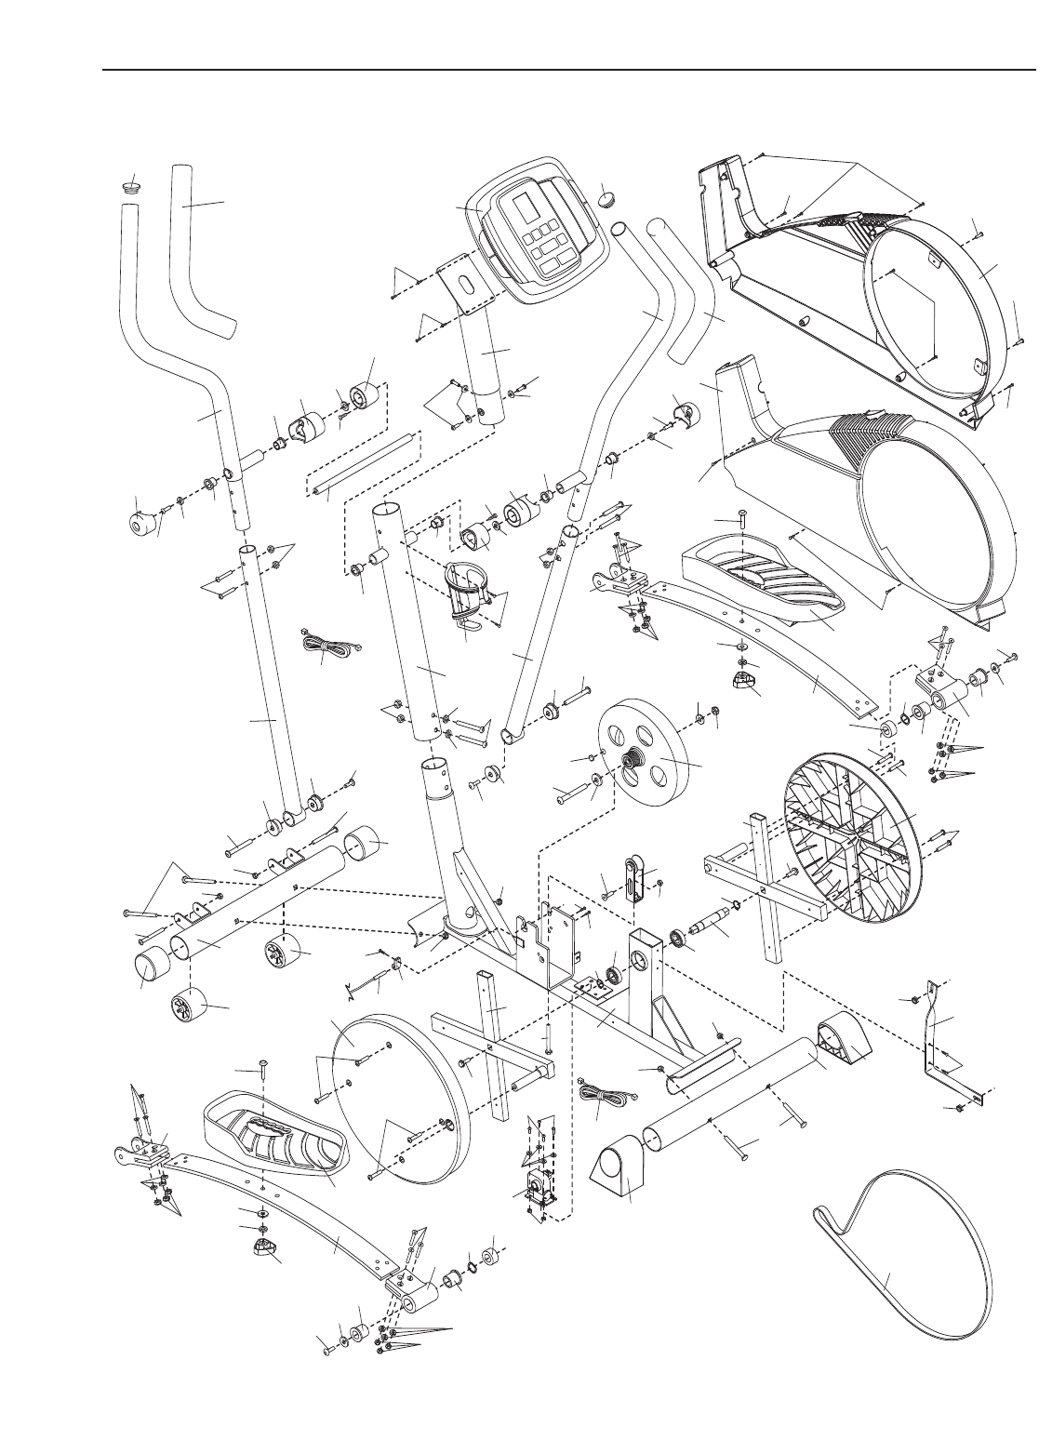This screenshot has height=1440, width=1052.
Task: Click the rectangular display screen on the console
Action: [x=526, y=206]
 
